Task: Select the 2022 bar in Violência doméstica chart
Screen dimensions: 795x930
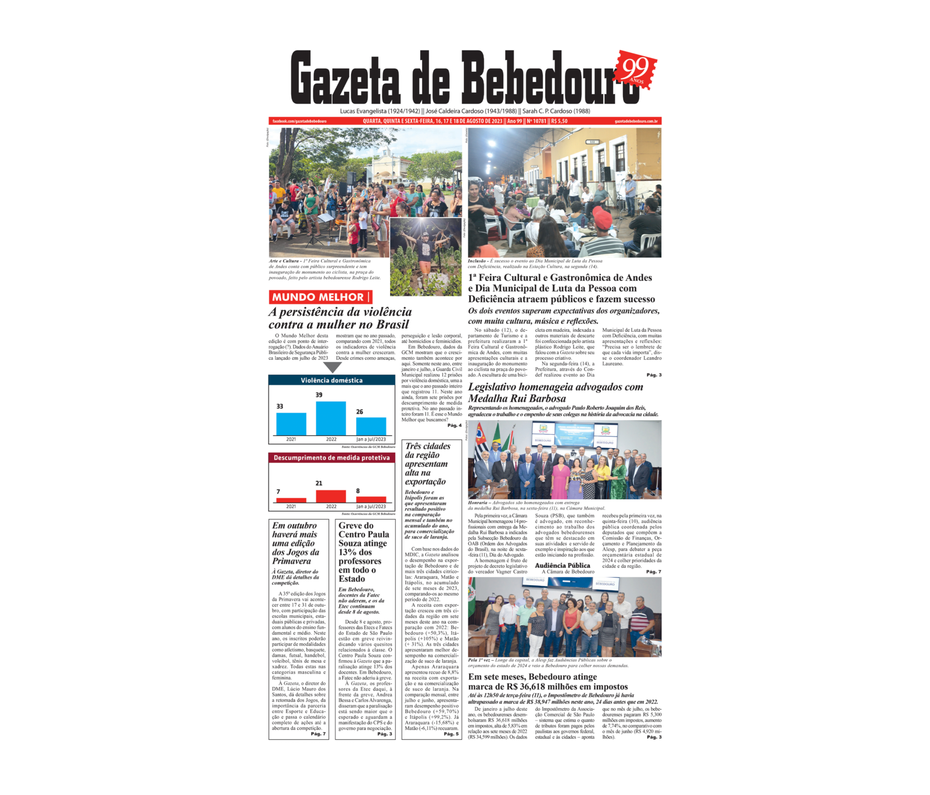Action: (331, 418)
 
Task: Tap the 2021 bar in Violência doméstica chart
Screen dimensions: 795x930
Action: (291, 424)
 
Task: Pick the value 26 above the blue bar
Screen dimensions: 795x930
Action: (359, 411)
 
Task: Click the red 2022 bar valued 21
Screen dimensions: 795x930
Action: (331, 496)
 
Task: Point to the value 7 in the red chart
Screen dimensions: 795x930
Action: (278, 492)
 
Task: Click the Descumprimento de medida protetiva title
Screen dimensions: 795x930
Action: (331, 458)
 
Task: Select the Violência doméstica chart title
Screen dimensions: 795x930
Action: (331, 381)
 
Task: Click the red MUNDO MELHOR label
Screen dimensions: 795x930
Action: (319, 298)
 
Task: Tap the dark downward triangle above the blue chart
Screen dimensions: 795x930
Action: (332, 367)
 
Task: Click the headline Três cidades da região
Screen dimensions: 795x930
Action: (427, 463)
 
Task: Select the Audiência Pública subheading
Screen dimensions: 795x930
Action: (562, 565)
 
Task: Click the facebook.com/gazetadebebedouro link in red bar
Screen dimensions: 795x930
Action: (299, 121)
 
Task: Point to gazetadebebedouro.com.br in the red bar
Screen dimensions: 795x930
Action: (636, 121)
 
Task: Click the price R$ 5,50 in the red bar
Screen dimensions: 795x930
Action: (559, 121)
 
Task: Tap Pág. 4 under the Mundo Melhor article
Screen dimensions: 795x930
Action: (454, 425)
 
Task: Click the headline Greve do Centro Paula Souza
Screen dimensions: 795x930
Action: (363, 552)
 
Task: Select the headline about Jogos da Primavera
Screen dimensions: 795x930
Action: (295, 543)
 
